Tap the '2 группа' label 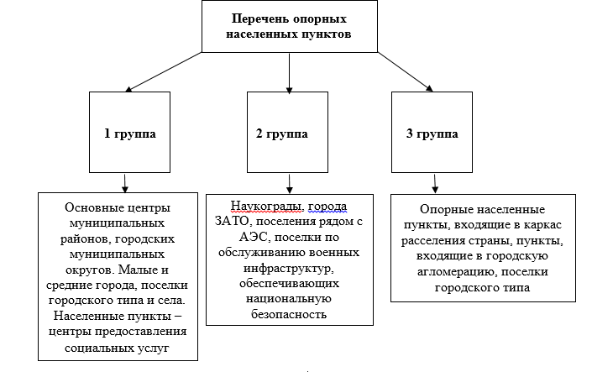[x=287, y=133]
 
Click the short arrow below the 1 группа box [x=125, y=182]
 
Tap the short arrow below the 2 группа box [x=289, y=182]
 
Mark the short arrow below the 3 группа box [x=434, y=182]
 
